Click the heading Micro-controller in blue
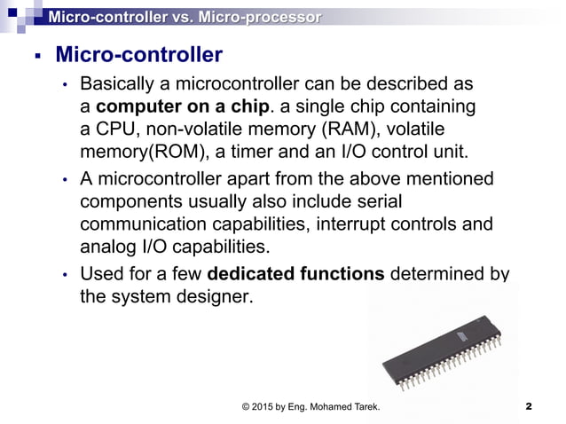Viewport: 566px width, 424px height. point(138,56)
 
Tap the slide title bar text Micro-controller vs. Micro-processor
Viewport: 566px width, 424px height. point(185,16)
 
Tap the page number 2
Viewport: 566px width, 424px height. point(528,406)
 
